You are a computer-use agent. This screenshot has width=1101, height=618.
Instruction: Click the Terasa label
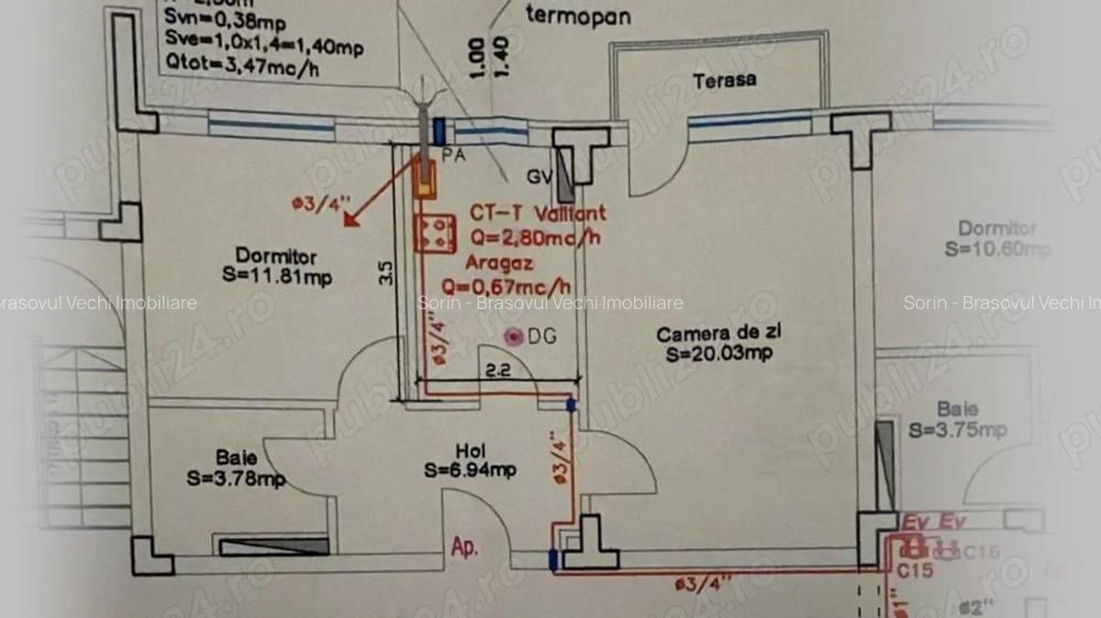point(725,80)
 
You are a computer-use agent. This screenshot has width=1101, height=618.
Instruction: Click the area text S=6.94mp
point(470,470)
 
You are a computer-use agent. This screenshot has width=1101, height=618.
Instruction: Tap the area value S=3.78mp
point(236,478)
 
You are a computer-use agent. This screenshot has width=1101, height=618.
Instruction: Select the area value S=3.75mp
point(958,430)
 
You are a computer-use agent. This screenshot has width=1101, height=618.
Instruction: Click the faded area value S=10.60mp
point(996,248)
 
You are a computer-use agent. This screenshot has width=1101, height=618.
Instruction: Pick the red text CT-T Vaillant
point(538,214)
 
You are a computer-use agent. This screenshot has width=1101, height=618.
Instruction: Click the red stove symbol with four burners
point(435,234)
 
